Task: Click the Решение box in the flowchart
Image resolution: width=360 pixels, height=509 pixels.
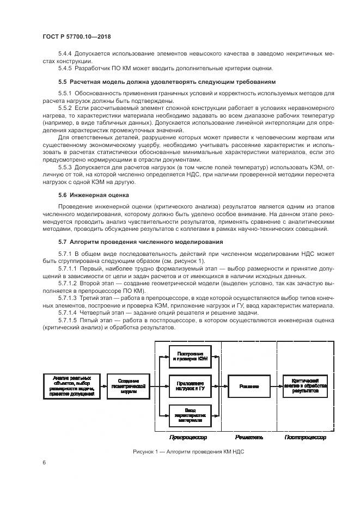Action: point(249,386)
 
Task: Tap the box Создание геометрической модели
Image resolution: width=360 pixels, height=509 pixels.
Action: point(129,386)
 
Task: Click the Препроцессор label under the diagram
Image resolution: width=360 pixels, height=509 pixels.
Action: point(189,437)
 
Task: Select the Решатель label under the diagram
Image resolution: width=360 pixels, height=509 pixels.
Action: point(249,437)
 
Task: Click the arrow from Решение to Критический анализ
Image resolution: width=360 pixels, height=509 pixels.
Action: point(276,386)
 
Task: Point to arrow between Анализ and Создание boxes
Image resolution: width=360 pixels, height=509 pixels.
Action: point(104,386)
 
